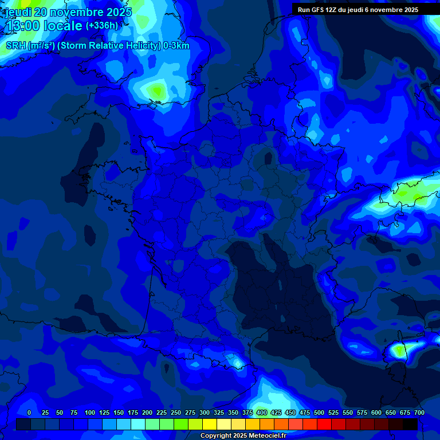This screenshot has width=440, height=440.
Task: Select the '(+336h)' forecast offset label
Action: click(102, 26)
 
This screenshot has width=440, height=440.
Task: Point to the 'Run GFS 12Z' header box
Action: click(358, 10)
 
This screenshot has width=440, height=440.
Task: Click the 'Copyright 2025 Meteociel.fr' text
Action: click(243, 436)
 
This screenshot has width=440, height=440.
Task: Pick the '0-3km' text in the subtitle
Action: click(176, 46)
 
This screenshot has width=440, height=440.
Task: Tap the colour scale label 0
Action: click(29, 412)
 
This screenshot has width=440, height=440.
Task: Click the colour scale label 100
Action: click(90, 412)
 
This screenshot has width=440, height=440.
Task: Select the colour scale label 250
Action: click(176, 412)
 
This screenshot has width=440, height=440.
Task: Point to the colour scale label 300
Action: click(205, 412)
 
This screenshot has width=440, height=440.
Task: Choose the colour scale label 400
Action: click(262, 412)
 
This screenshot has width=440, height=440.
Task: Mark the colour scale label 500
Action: click(319, 412)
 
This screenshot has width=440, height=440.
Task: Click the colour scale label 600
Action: click(376, 412)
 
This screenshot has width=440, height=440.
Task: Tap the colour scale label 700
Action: click(419, 412)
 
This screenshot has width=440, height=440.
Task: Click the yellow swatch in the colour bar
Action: click(210, 425)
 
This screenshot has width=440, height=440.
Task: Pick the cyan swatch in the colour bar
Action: click(138, 425)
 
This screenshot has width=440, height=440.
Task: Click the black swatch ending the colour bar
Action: click(410, 425)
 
